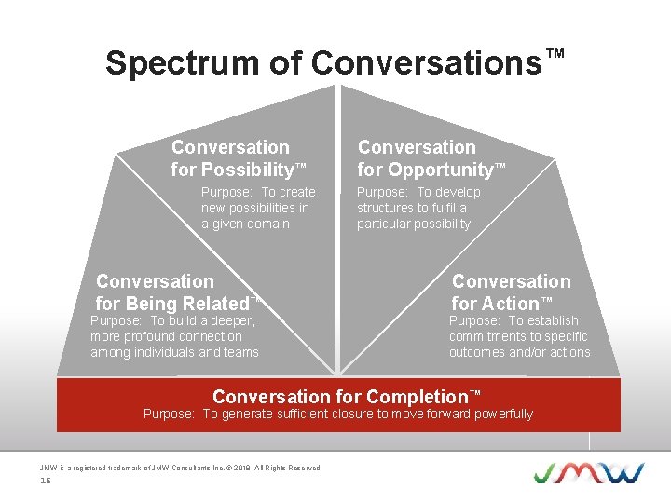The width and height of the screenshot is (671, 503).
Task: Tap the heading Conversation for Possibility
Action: (x=238, y=158)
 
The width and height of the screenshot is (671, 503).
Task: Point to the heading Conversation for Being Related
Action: (x=175, y=292)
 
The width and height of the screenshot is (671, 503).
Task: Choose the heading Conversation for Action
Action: (x=511, y=292)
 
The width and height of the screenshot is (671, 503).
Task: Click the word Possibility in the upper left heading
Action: (x=246, y=170)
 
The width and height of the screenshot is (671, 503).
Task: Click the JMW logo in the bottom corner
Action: (x=588, y=471)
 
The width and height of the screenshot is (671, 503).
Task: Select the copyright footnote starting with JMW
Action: (x=180, y=468)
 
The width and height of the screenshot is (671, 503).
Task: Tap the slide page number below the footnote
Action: (x=45, y=481)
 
